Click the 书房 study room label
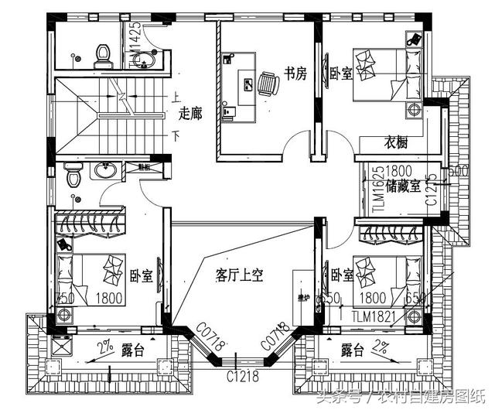click(295, 74)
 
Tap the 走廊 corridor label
click(189, 114)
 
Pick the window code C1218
click(241, 377)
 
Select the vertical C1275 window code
click(433, 189)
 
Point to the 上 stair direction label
click(175, 97)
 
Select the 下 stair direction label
click(175, 136)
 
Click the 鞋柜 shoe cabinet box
click(145, 166)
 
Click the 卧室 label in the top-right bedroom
click(340, 74)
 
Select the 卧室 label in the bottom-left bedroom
click(141, 275)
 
